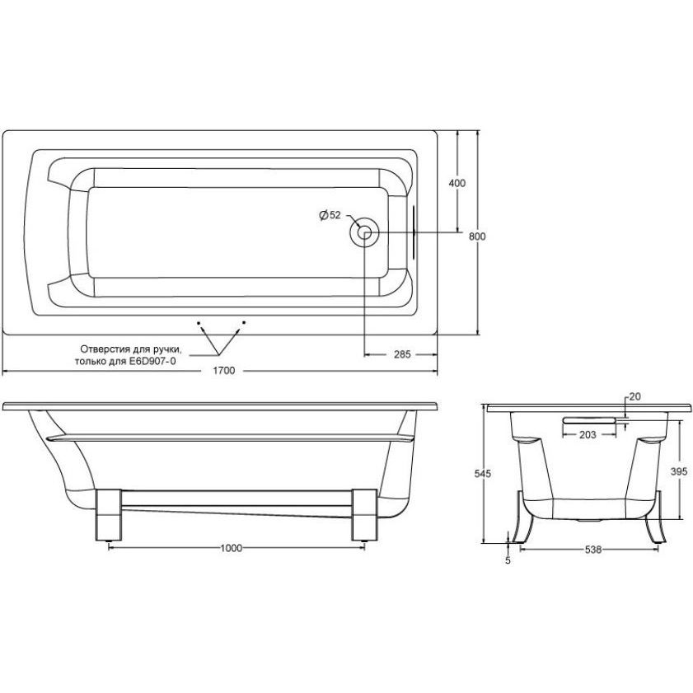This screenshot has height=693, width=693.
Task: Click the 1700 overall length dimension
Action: click(223, 370)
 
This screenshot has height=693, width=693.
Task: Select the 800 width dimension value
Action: click(477, 236)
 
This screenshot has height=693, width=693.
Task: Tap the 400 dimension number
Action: click(457, 183)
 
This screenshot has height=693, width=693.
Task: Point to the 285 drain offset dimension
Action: click(402, 354)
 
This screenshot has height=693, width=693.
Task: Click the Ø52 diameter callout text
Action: click(330, 215)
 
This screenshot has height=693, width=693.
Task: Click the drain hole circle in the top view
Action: click(363, 232)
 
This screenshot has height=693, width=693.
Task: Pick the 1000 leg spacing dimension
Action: click(232, 548)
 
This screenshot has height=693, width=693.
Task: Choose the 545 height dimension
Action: click(483, 473)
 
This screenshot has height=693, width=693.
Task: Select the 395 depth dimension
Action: click(679, 471)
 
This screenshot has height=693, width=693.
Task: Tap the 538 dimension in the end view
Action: click(593, 550)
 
